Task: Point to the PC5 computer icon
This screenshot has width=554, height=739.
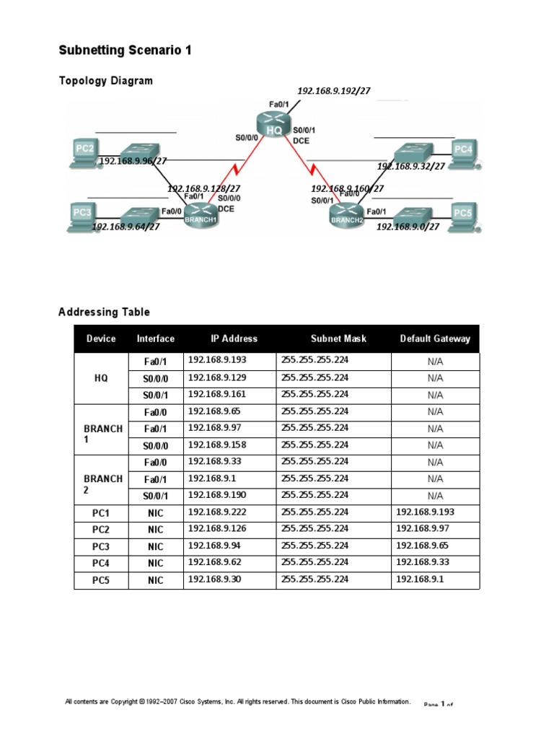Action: tap(463, 215)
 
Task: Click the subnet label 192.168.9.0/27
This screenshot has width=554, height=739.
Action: tap(408, 226)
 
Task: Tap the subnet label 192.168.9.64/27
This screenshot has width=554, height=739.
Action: tap(126, 226)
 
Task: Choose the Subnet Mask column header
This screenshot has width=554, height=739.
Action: tap(338, 338)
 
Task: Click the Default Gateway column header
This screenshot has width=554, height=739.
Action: tap(435, 338)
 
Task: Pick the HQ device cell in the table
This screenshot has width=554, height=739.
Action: tap(101, 377)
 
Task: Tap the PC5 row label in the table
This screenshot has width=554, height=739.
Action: tap(101, 580)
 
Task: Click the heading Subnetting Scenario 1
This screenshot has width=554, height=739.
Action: tap(125, 51)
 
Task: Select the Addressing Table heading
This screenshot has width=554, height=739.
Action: tap(104, 312)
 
